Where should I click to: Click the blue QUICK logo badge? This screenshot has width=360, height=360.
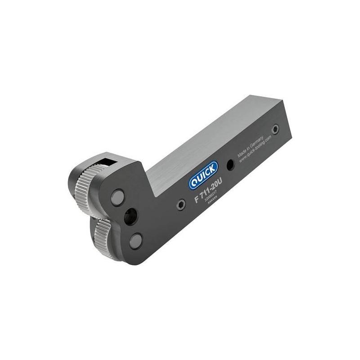click(203, 174)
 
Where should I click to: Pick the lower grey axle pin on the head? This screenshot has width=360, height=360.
click(135, 243)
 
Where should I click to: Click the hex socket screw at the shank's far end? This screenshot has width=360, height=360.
click(276, 130)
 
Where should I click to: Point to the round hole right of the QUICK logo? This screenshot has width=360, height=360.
click(230, 166)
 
